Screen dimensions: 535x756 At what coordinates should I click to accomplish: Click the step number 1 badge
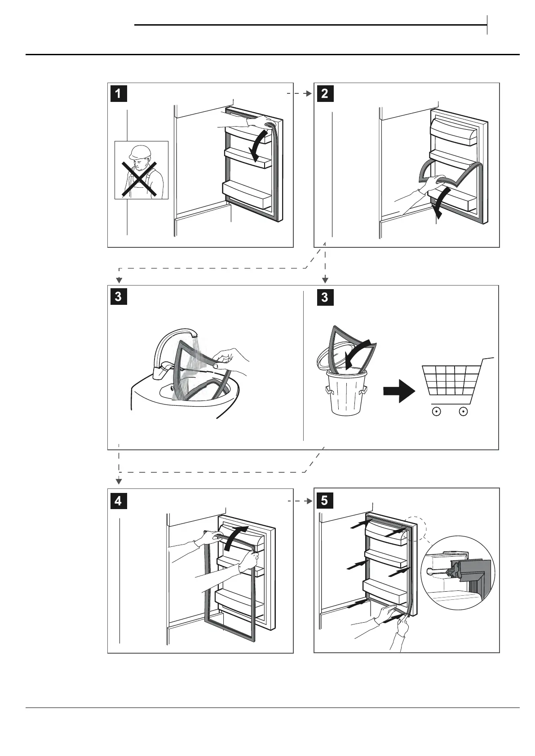point(118,94)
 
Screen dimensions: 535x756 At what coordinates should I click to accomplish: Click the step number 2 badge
point(325,94)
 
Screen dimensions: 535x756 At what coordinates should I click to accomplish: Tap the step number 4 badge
point(118,500)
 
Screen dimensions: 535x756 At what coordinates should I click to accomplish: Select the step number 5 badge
point(325,500)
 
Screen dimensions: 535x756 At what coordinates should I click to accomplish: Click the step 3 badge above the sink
point(118,297)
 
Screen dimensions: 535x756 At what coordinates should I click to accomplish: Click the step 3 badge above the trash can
point(325,297)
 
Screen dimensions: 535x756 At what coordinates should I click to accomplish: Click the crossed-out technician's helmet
point(138,151)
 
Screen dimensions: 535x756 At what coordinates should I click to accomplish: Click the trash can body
point(345,395)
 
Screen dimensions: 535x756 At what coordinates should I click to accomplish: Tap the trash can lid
point(330,357)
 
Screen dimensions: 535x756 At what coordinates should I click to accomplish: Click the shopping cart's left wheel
point(435,411)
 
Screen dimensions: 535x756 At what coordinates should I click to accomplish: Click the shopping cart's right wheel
point(464,411)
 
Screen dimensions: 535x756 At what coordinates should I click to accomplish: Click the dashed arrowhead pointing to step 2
point(309,94)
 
